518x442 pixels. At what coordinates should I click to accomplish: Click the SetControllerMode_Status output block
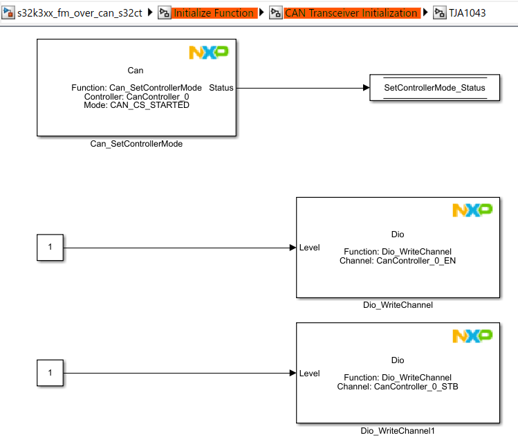coord(434,88)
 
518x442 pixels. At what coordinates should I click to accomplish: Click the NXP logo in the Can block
coord(208,53)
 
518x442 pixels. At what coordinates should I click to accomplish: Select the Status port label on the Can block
coord(221,88)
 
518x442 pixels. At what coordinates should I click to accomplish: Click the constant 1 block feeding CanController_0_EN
coord(50,247)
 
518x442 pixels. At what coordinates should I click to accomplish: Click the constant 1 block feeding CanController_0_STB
coord(50,373)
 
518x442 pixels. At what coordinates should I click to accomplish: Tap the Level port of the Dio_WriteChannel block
coord(309,248)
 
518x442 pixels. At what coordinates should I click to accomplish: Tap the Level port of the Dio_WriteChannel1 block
coord(309,374)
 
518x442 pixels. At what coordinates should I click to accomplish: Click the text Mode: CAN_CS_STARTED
coord(136,106)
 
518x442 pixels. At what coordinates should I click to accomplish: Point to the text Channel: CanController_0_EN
coord(398,261)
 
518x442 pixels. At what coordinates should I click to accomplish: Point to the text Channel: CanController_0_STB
coord(398,387)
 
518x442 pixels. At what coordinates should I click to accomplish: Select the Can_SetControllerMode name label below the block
coord(136,144)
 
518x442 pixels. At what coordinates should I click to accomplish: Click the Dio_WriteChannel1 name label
coord(398,431)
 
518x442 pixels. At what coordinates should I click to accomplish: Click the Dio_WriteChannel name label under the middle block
coord(398,304)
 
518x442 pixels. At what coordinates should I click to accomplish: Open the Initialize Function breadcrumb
coord(213,13)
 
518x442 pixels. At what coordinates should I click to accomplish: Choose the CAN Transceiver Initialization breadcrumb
coord(351,13)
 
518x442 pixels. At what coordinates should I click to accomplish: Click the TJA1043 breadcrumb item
coord(468,13)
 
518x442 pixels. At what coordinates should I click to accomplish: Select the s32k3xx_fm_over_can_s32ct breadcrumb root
coord(80,13)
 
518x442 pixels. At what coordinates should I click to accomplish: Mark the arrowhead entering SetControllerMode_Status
coord(366,88)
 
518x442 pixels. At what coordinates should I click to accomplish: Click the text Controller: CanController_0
coord(136,97)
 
